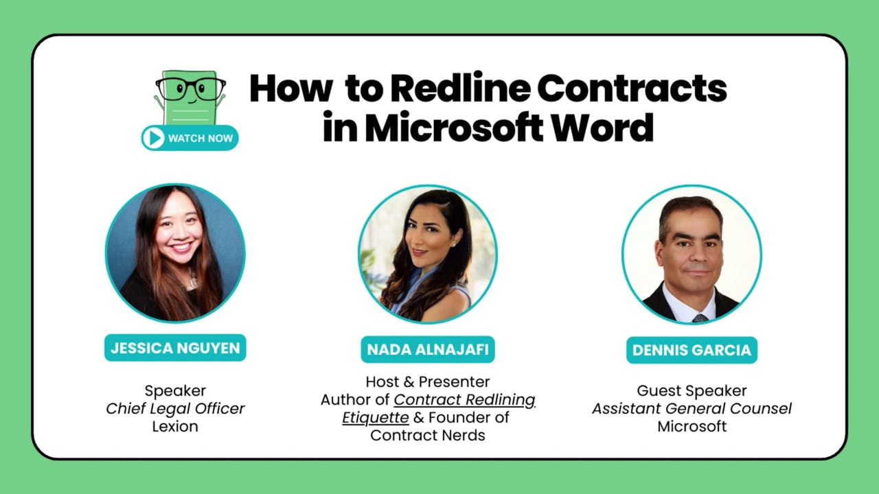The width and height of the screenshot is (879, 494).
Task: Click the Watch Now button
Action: (x=190, y=138)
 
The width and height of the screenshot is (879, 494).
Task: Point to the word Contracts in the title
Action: (x=632, y=89)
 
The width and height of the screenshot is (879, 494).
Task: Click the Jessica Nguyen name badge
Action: (x=175, y=347)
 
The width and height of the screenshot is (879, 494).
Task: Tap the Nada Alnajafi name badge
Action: (x=428, y=349)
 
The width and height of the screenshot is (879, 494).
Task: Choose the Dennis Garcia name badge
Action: (x=692, y=350)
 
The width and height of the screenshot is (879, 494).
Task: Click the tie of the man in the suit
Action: (x=699, y=318)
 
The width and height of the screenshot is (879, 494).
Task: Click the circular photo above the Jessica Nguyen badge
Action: (x=175, y=253)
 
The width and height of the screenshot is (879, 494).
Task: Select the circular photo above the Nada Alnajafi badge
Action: (x=428, y=254)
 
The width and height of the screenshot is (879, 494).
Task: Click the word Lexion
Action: (x=175, y=426)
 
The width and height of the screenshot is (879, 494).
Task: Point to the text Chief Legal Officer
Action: (x=175, y=408)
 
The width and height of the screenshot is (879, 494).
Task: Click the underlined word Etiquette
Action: (x=376, y=417)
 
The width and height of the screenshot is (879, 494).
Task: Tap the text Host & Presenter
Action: (x=428, y=381)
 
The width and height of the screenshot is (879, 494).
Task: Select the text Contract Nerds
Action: (x=428, y=435)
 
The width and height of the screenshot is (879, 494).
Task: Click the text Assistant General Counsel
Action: (x=692, y=408)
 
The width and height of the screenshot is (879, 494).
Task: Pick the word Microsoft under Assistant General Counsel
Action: (x=692, y=426)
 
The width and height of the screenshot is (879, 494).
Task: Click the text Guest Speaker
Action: (x=692, y=390)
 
